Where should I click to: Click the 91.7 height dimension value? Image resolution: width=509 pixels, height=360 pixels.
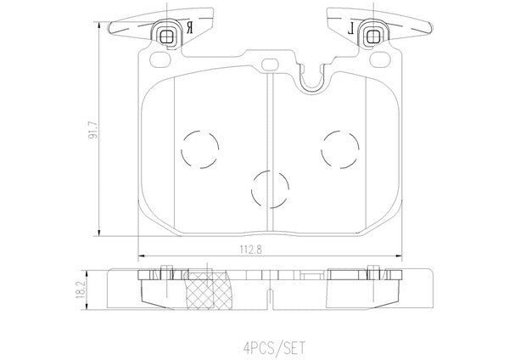[93, 130]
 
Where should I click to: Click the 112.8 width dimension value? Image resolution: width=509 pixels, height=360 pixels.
[251, 250]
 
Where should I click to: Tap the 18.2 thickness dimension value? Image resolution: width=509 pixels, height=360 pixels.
[81, 290]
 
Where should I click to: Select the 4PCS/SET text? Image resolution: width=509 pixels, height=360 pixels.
[274, 347]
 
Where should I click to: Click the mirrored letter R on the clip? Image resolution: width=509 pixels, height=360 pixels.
[189, 28]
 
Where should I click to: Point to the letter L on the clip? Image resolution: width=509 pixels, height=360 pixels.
[350, 30]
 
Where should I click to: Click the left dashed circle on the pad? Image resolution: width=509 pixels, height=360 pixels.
[200, 149]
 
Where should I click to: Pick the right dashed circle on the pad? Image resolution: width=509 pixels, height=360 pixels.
[340, 149]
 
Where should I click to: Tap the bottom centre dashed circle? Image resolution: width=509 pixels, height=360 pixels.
[270, 189]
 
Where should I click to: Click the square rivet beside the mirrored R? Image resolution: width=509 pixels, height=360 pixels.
[167, 36]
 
